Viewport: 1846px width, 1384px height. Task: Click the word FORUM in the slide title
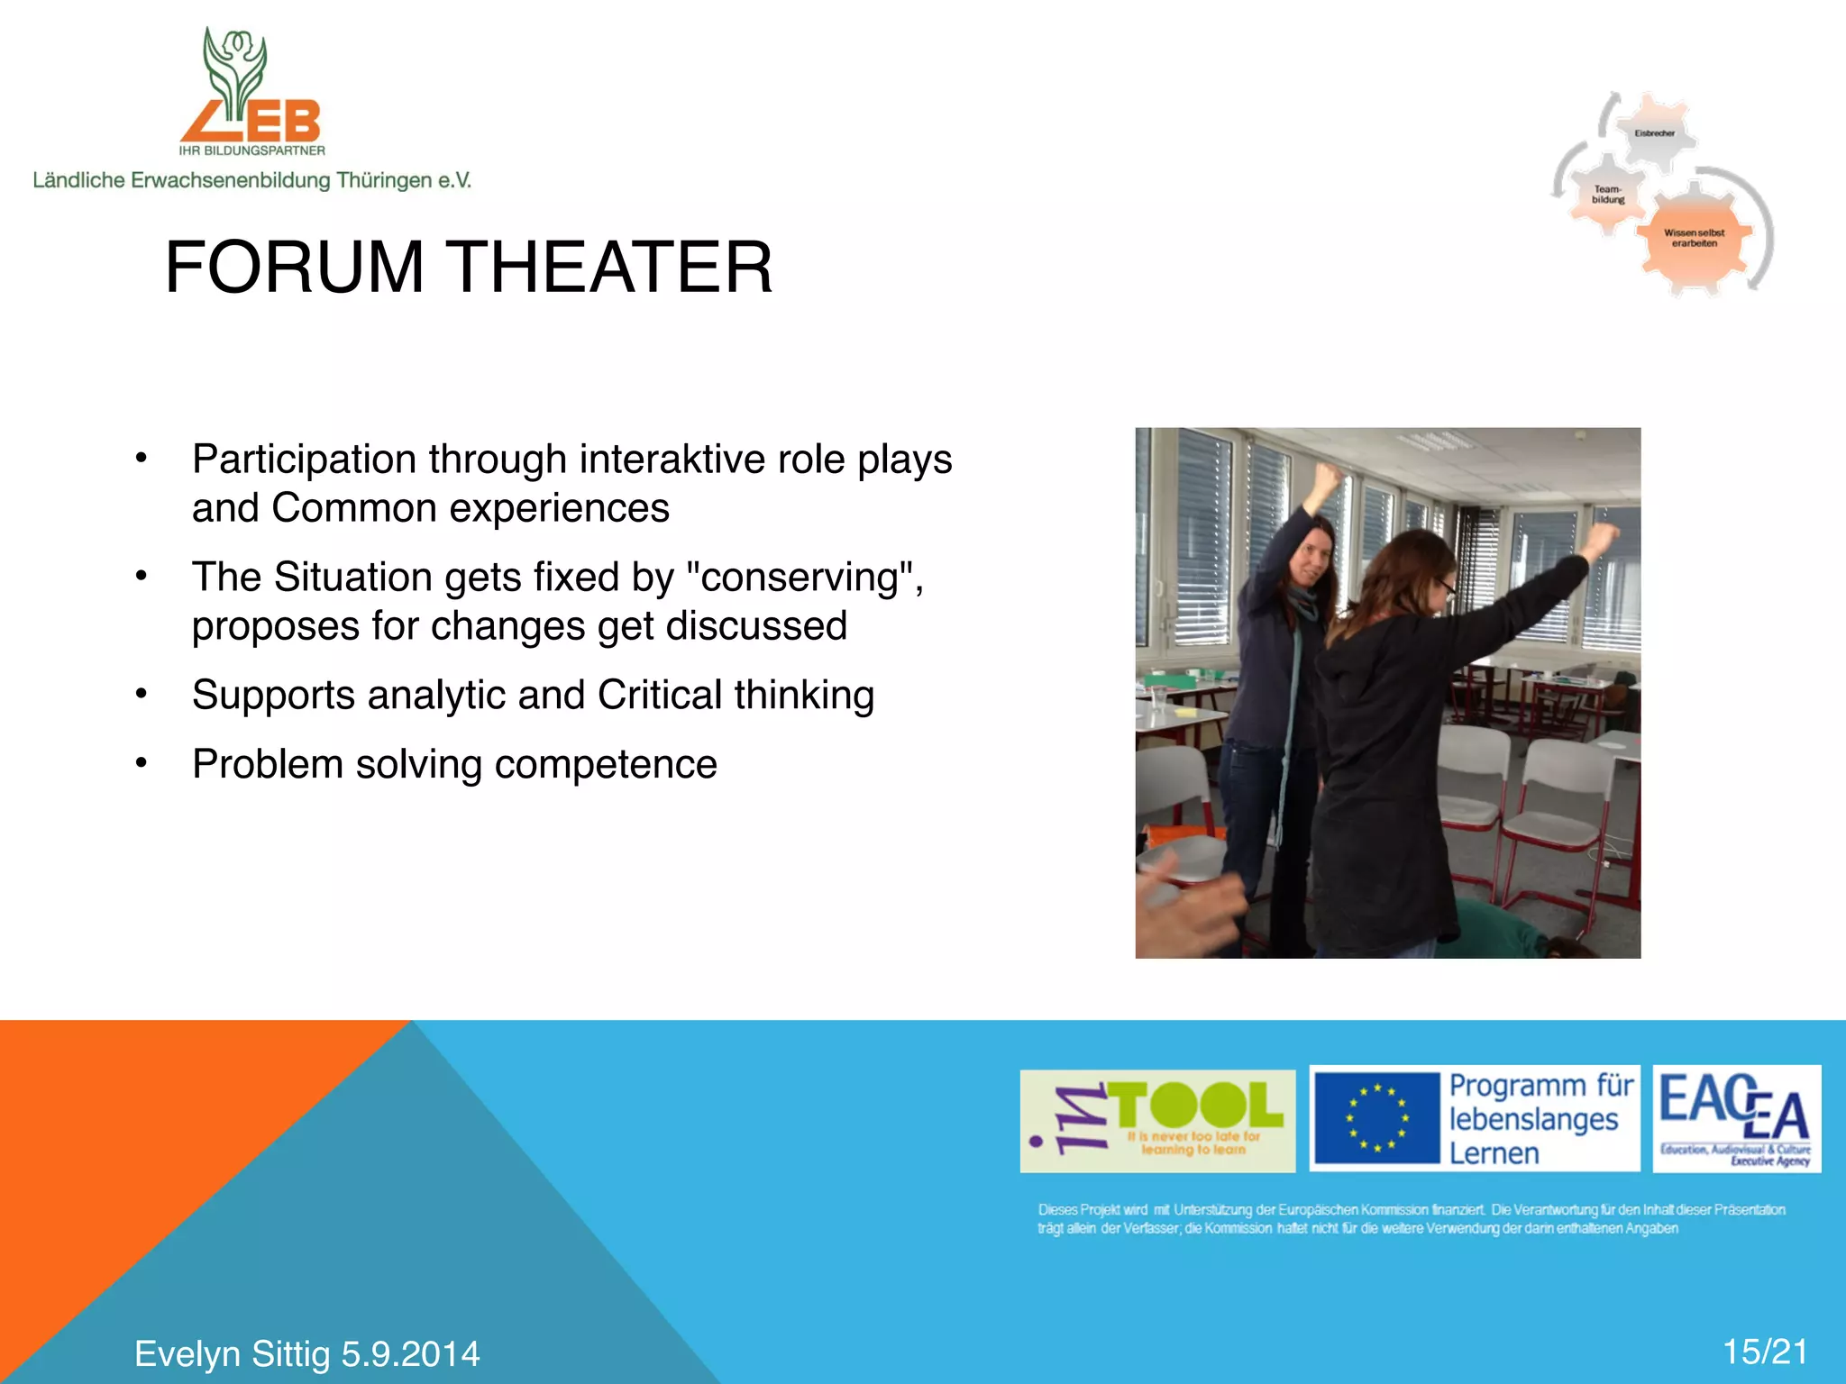tap(294, 268)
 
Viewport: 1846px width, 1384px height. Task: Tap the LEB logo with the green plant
tap(251, 90)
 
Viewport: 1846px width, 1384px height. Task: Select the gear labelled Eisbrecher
tap(1654, 133)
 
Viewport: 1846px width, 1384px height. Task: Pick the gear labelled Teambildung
tap(1607, 195)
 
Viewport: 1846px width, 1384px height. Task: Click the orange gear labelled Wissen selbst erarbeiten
tap(1694, 238)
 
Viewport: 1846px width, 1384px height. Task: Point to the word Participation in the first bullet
tap(305, 460)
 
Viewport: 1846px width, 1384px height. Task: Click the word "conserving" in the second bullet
tap(805, 578)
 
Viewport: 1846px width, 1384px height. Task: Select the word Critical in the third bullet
tap(660, 696)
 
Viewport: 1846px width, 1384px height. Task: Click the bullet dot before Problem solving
tap(141, 763)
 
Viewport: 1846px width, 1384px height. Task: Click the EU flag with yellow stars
tap(1376, 1119)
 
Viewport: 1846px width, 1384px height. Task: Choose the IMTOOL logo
tap(1157, 1121)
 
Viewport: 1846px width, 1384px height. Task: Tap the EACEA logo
tap(1736, 1118)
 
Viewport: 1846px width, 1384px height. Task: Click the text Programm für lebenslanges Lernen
tap(1540, 1119)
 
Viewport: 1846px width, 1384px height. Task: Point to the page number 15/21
tap(1765, 1352)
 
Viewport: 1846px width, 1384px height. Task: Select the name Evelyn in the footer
tap(187, 1354)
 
